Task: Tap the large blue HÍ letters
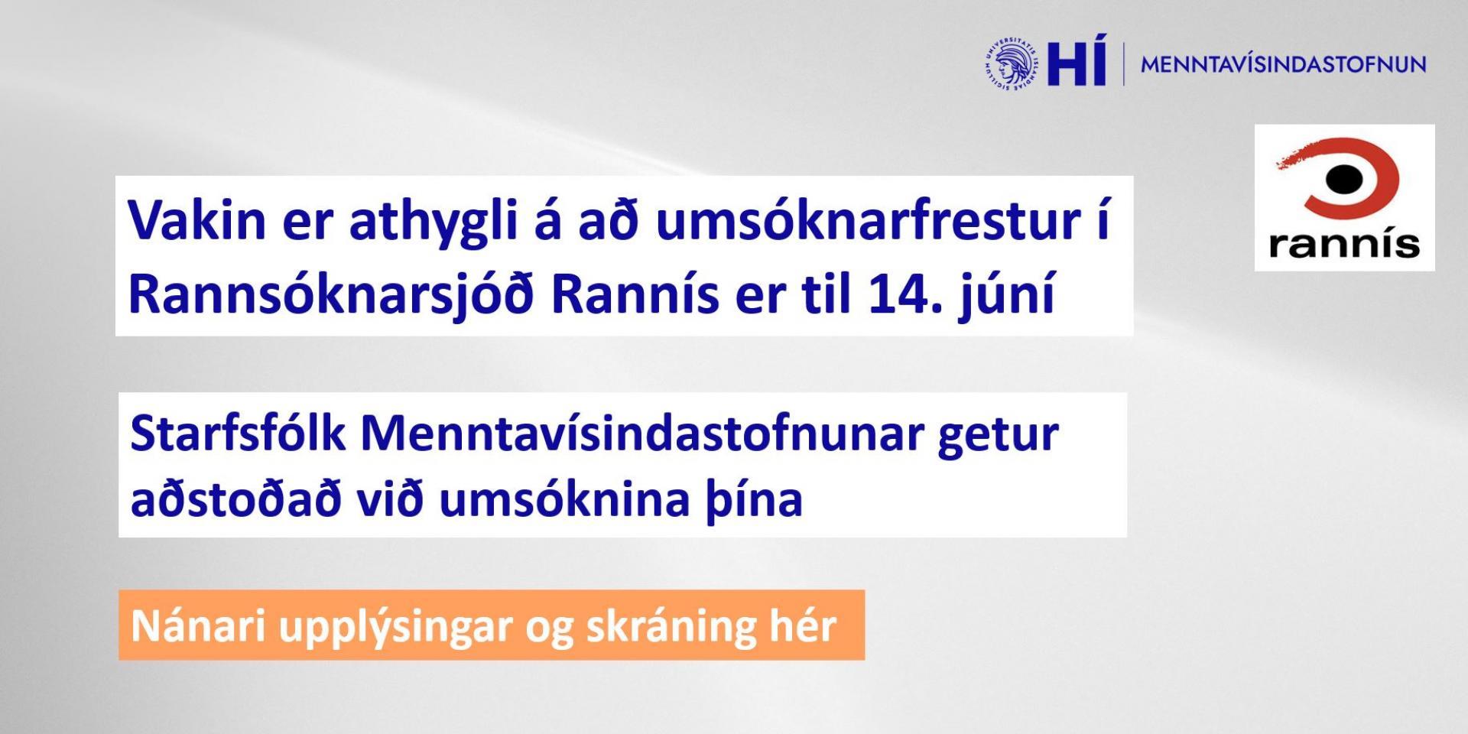point(1077,60)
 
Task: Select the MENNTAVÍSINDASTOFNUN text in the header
point(1283,64)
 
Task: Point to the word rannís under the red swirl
point(1344,242)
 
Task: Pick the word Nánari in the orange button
point(196,625)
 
